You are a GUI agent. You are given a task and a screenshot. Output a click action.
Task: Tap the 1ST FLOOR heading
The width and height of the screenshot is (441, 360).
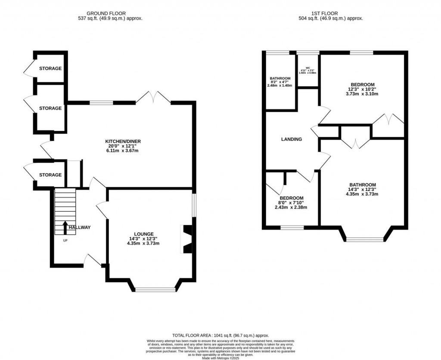[x=331, y=13]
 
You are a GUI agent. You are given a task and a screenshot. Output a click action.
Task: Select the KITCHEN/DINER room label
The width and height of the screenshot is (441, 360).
[x=123, y=141]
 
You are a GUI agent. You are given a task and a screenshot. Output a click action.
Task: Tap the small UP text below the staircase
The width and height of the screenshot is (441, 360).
[x=65, y=240]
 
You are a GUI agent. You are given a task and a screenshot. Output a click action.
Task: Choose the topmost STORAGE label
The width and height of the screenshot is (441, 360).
[x=50, y=69]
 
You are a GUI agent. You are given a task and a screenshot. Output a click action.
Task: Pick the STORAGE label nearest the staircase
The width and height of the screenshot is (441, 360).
[x=50, y=175]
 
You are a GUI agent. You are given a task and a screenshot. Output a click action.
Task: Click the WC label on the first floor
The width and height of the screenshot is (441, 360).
[x=308, y=68]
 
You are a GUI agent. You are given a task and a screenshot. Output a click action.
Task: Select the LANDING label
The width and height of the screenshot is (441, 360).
[x=292, y=139]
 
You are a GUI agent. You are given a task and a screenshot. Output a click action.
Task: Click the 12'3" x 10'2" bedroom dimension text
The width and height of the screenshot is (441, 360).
[x=362, y=89]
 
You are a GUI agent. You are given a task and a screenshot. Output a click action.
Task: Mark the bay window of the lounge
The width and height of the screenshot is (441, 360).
[x=155, y=289]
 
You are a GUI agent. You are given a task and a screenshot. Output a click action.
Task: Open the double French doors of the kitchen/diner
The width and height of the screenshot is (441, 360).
[x=153, y=97]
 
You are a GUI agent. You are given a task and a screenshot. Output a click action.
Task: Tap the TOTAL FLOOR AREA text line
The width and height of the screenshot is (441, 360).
[x=220, y=335]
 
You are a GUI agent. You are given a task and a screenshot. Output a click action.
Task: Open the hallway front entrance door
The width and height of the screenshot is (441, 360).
[x=93, y=260]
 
